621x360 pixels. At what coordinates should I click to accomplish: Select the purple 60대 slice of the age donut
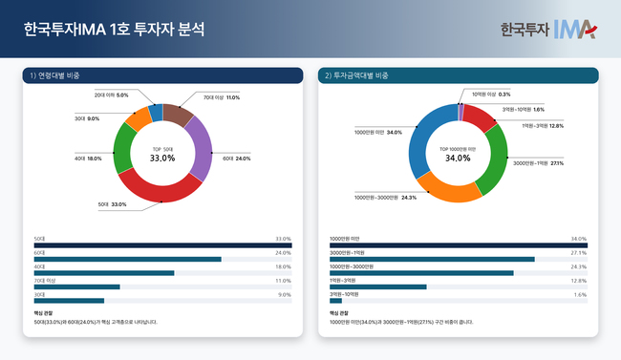coord(202,151)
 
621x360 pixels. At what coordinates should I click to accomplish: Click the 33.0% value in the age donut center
coord(162,158)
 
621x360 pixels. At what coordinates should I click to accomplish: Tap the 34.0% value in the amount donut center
coord(458,158)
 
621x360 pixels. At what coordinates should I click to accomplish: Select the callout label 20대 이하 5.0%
coord(111,95)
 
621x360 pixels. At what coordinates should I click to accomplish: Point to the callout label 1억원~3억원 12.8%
coord(542,125)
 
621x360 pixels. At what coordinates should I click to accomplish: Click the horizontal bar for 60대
coord(127,259)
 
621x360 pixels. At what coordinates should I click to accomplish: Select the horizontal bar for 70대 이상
coord(76,286)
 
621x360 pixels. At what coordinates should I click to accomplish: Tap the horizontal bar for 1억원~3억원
coord(377,286)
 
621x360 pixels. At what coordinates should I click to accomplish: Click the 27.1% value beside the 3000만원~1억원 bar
coord(578,253)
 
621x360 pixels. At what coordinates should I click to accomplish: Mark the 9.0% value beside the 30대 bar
coord(284,294)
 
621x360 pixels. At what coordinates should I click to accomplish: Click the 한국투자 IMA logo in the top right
coord(547,30)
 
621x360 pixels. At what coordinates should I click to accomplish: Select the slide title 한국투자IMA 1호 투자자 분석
coord(114,30)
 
